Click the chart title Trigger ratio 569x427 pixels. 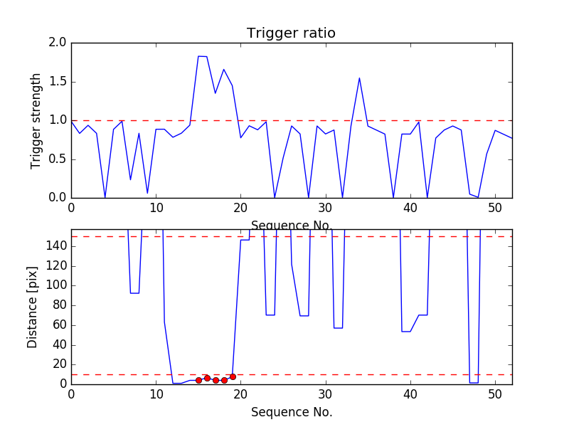[291, 33]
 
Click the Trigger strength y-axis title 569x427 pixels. [36, 120]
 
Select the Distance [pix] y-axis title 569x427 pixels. [33, 307]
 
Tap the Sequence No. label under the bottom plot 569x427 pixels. [292, 412]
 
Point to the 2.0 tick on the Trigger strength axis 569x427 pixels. [57, 43]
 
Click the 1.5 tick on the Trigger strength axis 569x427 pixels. [57, 82]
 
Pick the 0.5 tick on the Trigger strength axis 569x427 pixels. [57, 159]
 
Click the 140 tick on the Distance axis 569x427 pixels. [55, 246]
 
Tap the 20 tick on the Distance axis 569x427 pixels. [58, 364]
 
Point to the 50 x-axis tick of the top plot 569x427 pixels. [495, 208]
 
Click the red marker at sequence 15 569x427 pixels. [198, 380]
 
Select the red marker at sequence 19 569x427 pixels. [233, 376]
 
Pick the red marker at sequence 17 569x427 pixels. [216, 380]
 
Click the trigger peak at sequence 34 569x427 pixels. [359, 78]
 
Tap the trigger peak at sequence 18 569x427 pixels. [224, 70]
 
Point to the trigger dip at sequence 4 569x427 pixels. [105, 197]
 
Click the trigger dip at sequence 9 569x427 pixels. [147, 193]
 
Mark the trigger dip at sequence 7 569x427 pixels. [131, 179]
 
